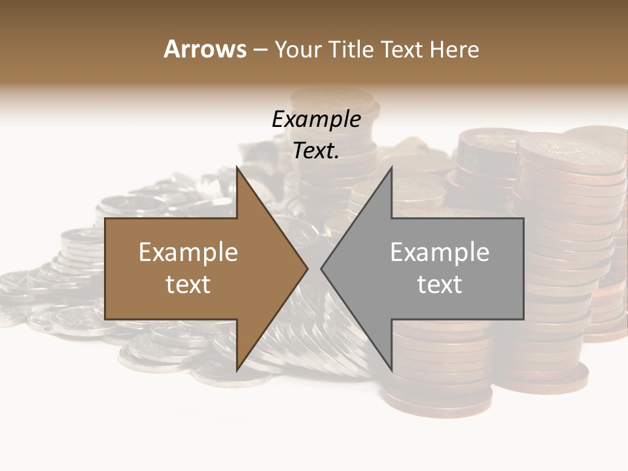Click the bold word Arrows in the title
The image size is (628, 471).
pyautogui.click(x=205, y=49)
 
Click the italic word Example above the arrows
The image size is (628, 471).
pyautogui.click(x=316, y=119)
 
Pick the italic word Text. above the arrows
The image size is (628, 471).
pyautogui.click(x=316, y=151)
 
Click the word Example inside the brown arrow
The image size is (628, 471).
pyautogui.click(x=188, y=252)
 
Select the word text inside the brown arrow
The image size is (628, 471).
pyautogui.click(x=188, y=285)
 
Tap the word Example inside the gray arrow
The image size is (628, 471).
pyautogui.click(x=440, y=252)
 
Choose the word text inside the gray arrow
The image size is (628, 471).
pyautogui.click(x=440, y=285)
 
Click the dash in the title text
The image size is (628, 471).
pyautogui.click(x=260, y=50)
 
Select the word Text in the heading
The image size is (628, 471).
pyautogui.click(x=400, y=49)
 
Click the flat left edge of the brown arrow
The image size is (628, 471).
pyautogui.click(x=105, y=268)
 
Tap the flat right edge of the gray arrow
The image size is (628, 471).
pyautogui.click(x=523, y=268)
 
